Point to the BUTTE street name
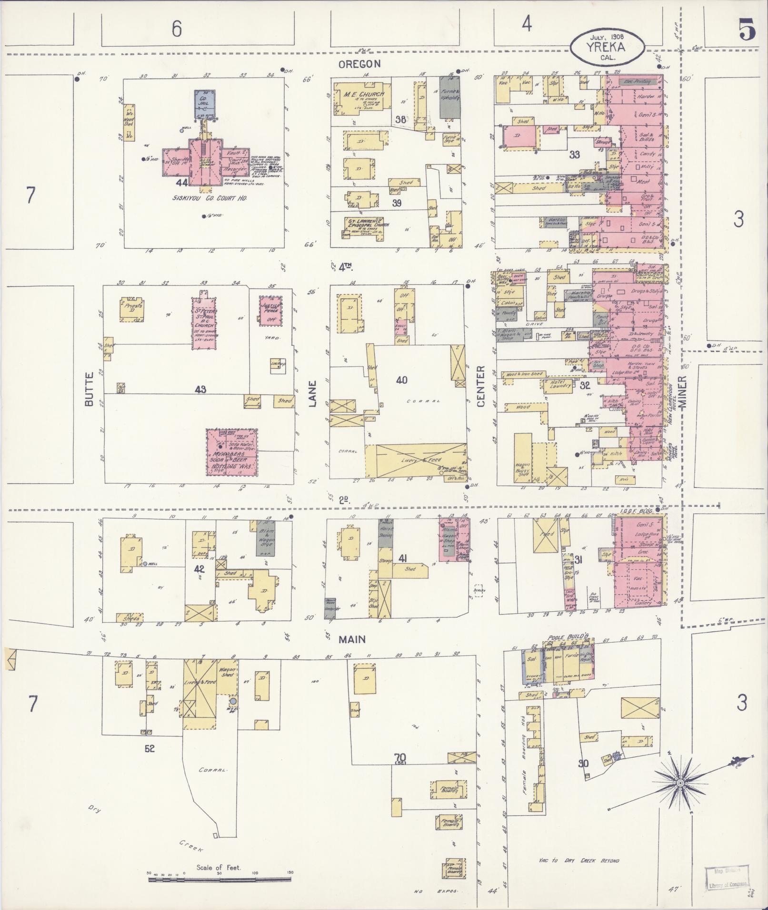tap(89, 392)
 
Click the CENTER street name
tap(480, 386)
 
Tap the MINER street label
tap(684, 391)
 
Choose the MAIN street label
tap(352, 639)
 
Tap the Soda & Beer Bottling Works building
tap(232, 453)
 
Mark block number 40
tap(402, 380)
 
